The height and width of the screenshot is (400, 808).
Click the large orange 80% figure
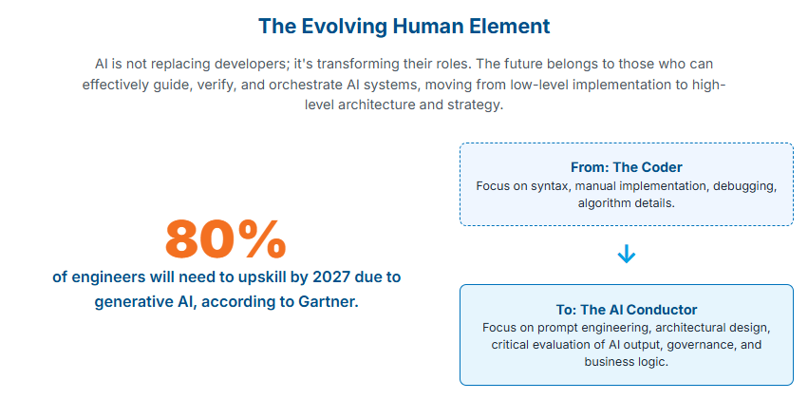pyautogui.click(x=225, y=239)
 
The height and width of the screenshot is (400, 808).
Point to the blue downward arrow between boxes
pyautogui.click(x=626, y=254)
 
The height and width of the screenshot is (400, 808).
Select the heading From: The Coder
pyautogui.click(x=626, y=167)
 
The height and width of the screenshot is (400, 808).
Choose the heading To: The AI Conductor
pyautogui.click(x=626, y=310)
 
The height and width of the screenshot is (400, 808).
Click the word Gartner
pyautogui.click(x=328, y=301)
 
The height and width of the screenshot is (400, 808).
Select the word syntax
pyautogui.click(x=548, y=186)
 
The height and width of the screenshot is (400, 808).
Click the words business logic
pyautogui.click(x=626, y=361)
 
